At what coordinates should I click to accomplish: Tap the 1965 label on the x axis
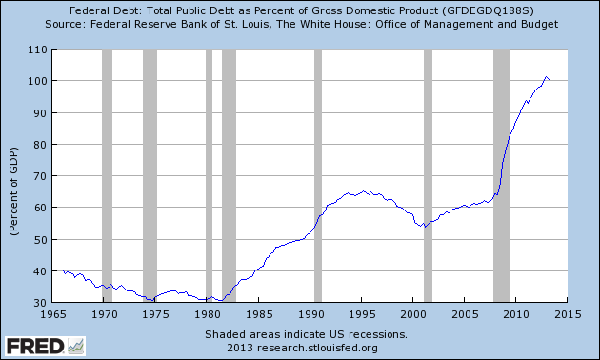tap(54, 313)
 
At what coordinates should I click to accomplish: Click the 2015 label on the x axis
tap(567, 313)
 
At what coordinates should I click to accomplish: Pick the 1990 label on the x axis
tap(310, 313)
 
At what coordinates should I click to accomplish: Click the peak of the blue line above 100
tap(546, 77)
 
